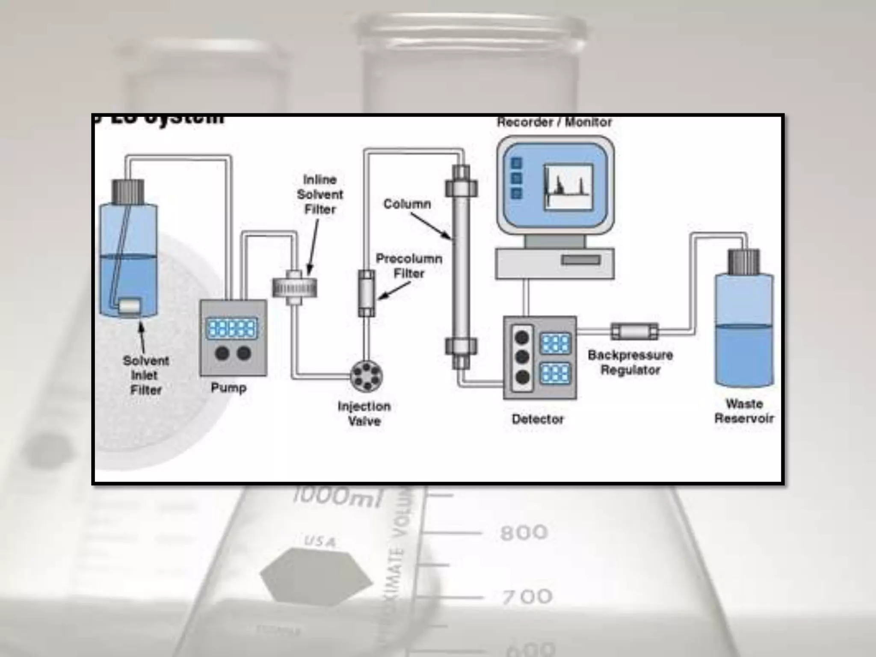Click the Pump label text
pyautogui.click(x=229, y=388)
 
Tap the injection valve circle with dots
pyautogui.click(x=367, y=376)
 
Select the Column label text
pyautogui.click(x=407, y=204)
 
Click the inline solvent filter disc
pyautogui.click(x=294, y=287)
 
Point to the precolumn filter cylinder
pyautogui.click(x=367, y=293)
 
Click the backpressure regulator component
pyautogui.click(x=635, y=331)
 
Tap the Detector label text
pyautogui.click(x=538, y=419)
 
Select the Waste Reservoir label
pyautogui.click(x=744, y=411)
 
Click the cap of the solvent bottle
pyautogui.click(x=128, y=191)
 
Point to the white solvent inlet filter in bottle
pyautogui.click(x=129, y=306)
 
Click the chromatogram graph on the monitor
pyautogui.click(x=568, y=187)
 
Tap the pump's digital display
pyautogui.click(x=232, y=328)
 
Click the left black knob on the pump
pyautogui.click(x=222, y=353)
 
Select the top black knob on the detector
pyautogui.click(x=522, y=338)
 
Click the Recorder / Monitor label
pyautogui.click(x=554, y=122)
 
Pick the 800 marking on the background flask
pyautogui.click(x=524, y=533)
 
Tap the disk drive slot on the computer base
pyautogui.click(x=580, y=260)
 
